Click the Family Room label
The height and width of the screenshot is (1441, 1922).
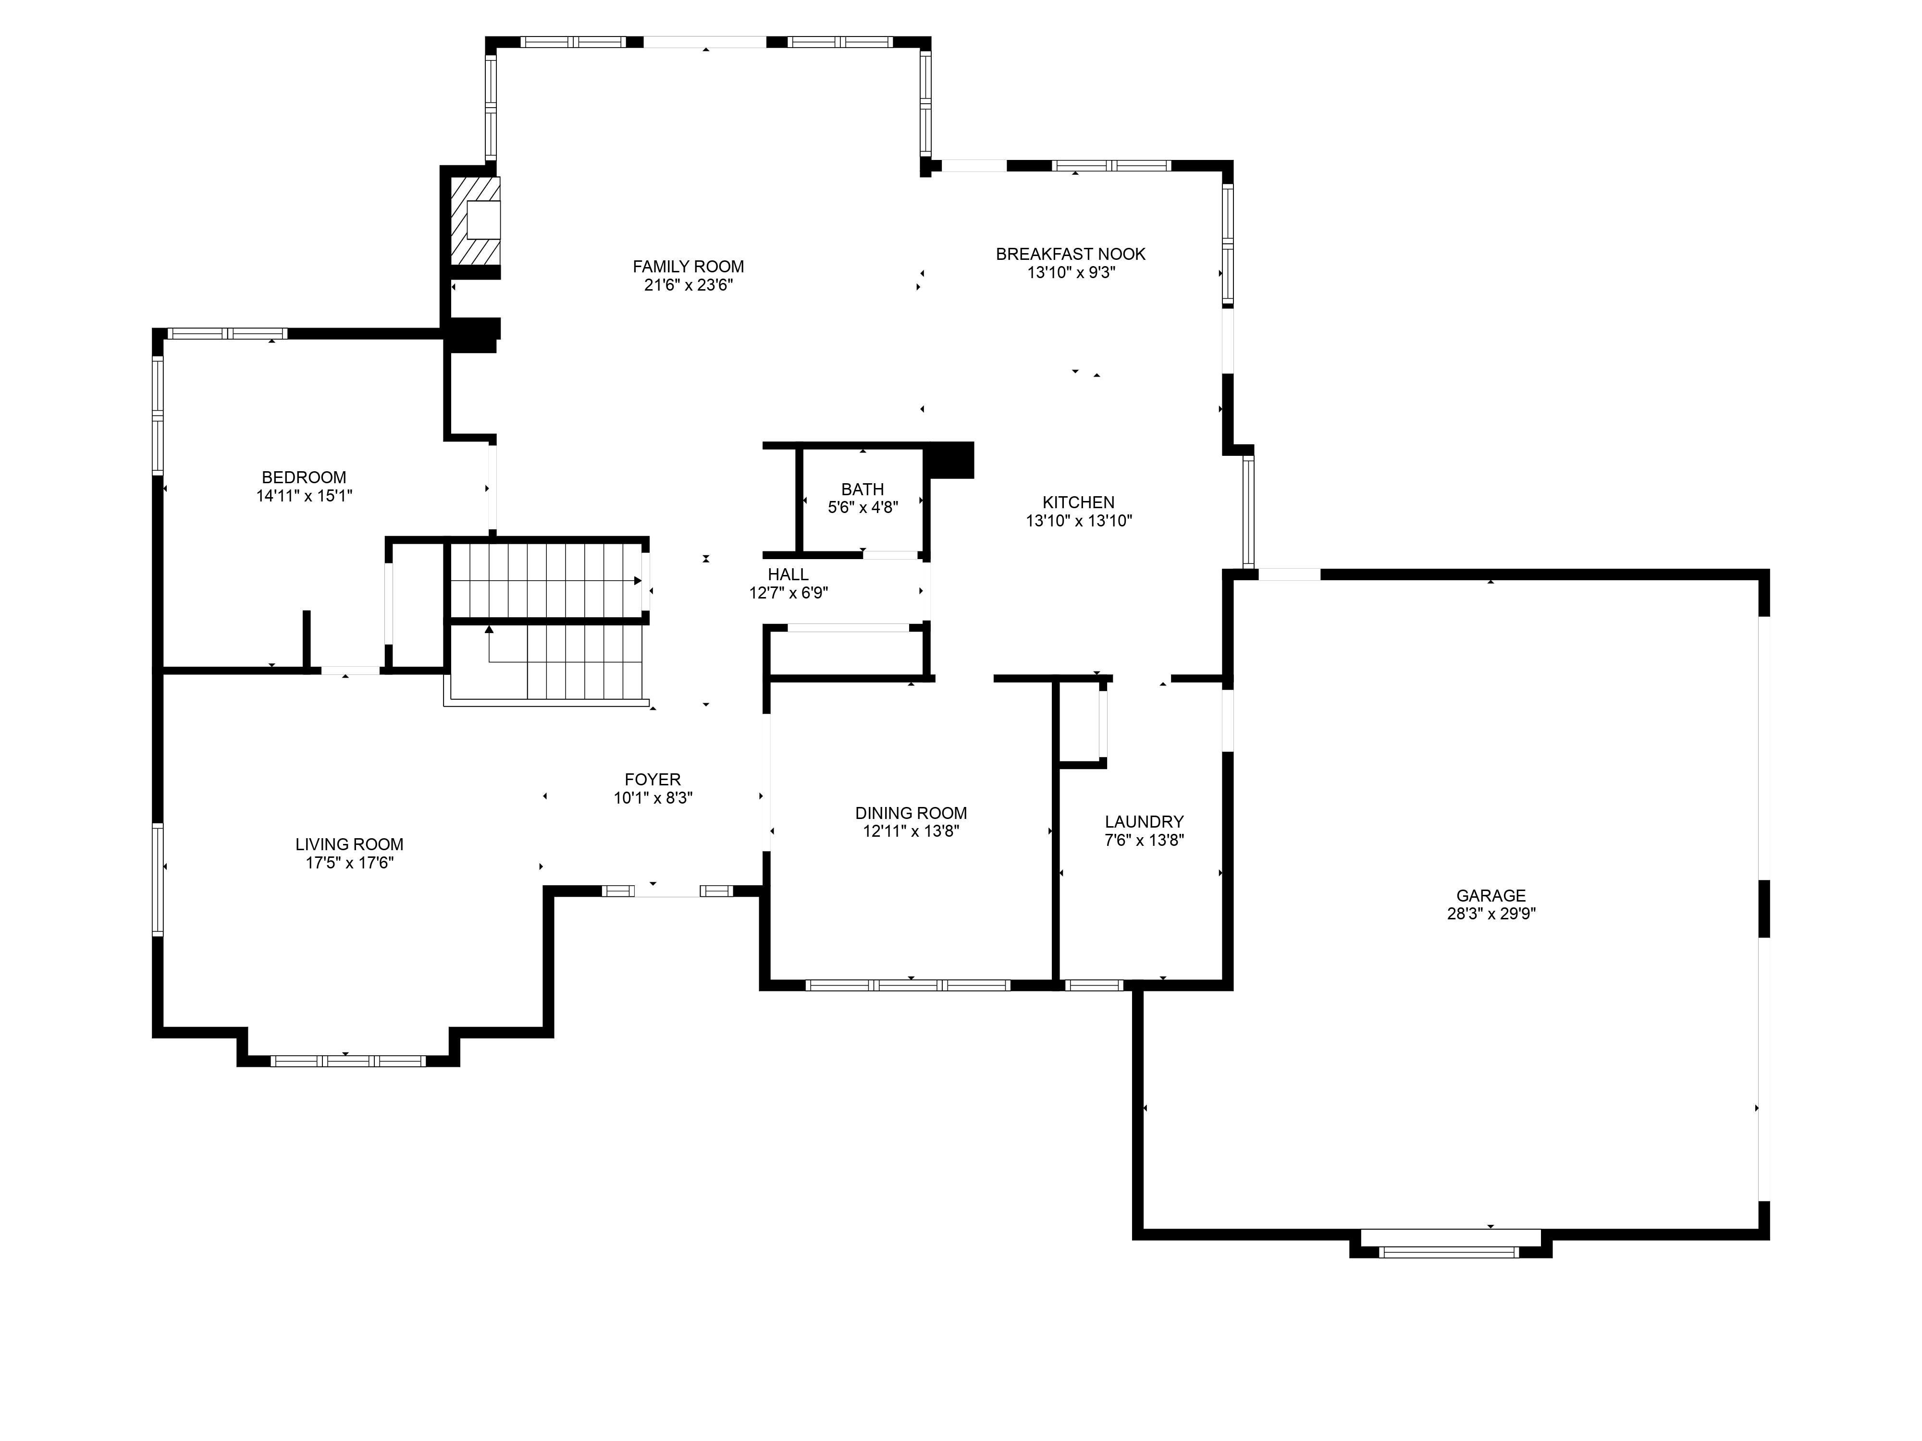[x=688, y=267]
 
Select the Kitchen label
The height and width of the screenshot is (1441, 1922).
[x=1078, y=502]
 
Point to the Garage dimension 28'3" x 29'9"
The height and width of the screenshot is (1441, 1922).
[x=1491, y=914]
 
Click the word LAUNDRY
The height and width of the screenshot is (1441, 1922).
[x=1145, y=822]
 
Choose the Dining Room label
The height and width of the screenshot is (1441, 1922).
[x=911, y=813]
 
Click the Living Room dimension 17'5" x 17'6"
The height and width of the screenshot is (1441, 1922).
[x=349, y=863]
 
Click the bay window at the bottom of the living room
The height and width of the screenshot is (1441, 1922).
[x=348, y=1061]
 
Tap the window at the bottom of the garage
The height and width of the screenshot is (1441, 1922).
[x=1449, y=1252]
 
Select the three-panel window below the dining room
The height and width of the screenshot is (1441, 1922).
[x=908, y=985]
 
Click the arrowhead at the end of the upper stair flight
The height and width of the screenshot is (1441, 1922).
[x=638, y=580]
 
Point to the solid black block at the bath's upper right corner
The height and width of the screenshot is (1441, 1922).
[x=949, y=460]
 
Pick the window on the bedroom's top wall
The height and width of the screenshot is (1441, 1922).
[x=227, y=333]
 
